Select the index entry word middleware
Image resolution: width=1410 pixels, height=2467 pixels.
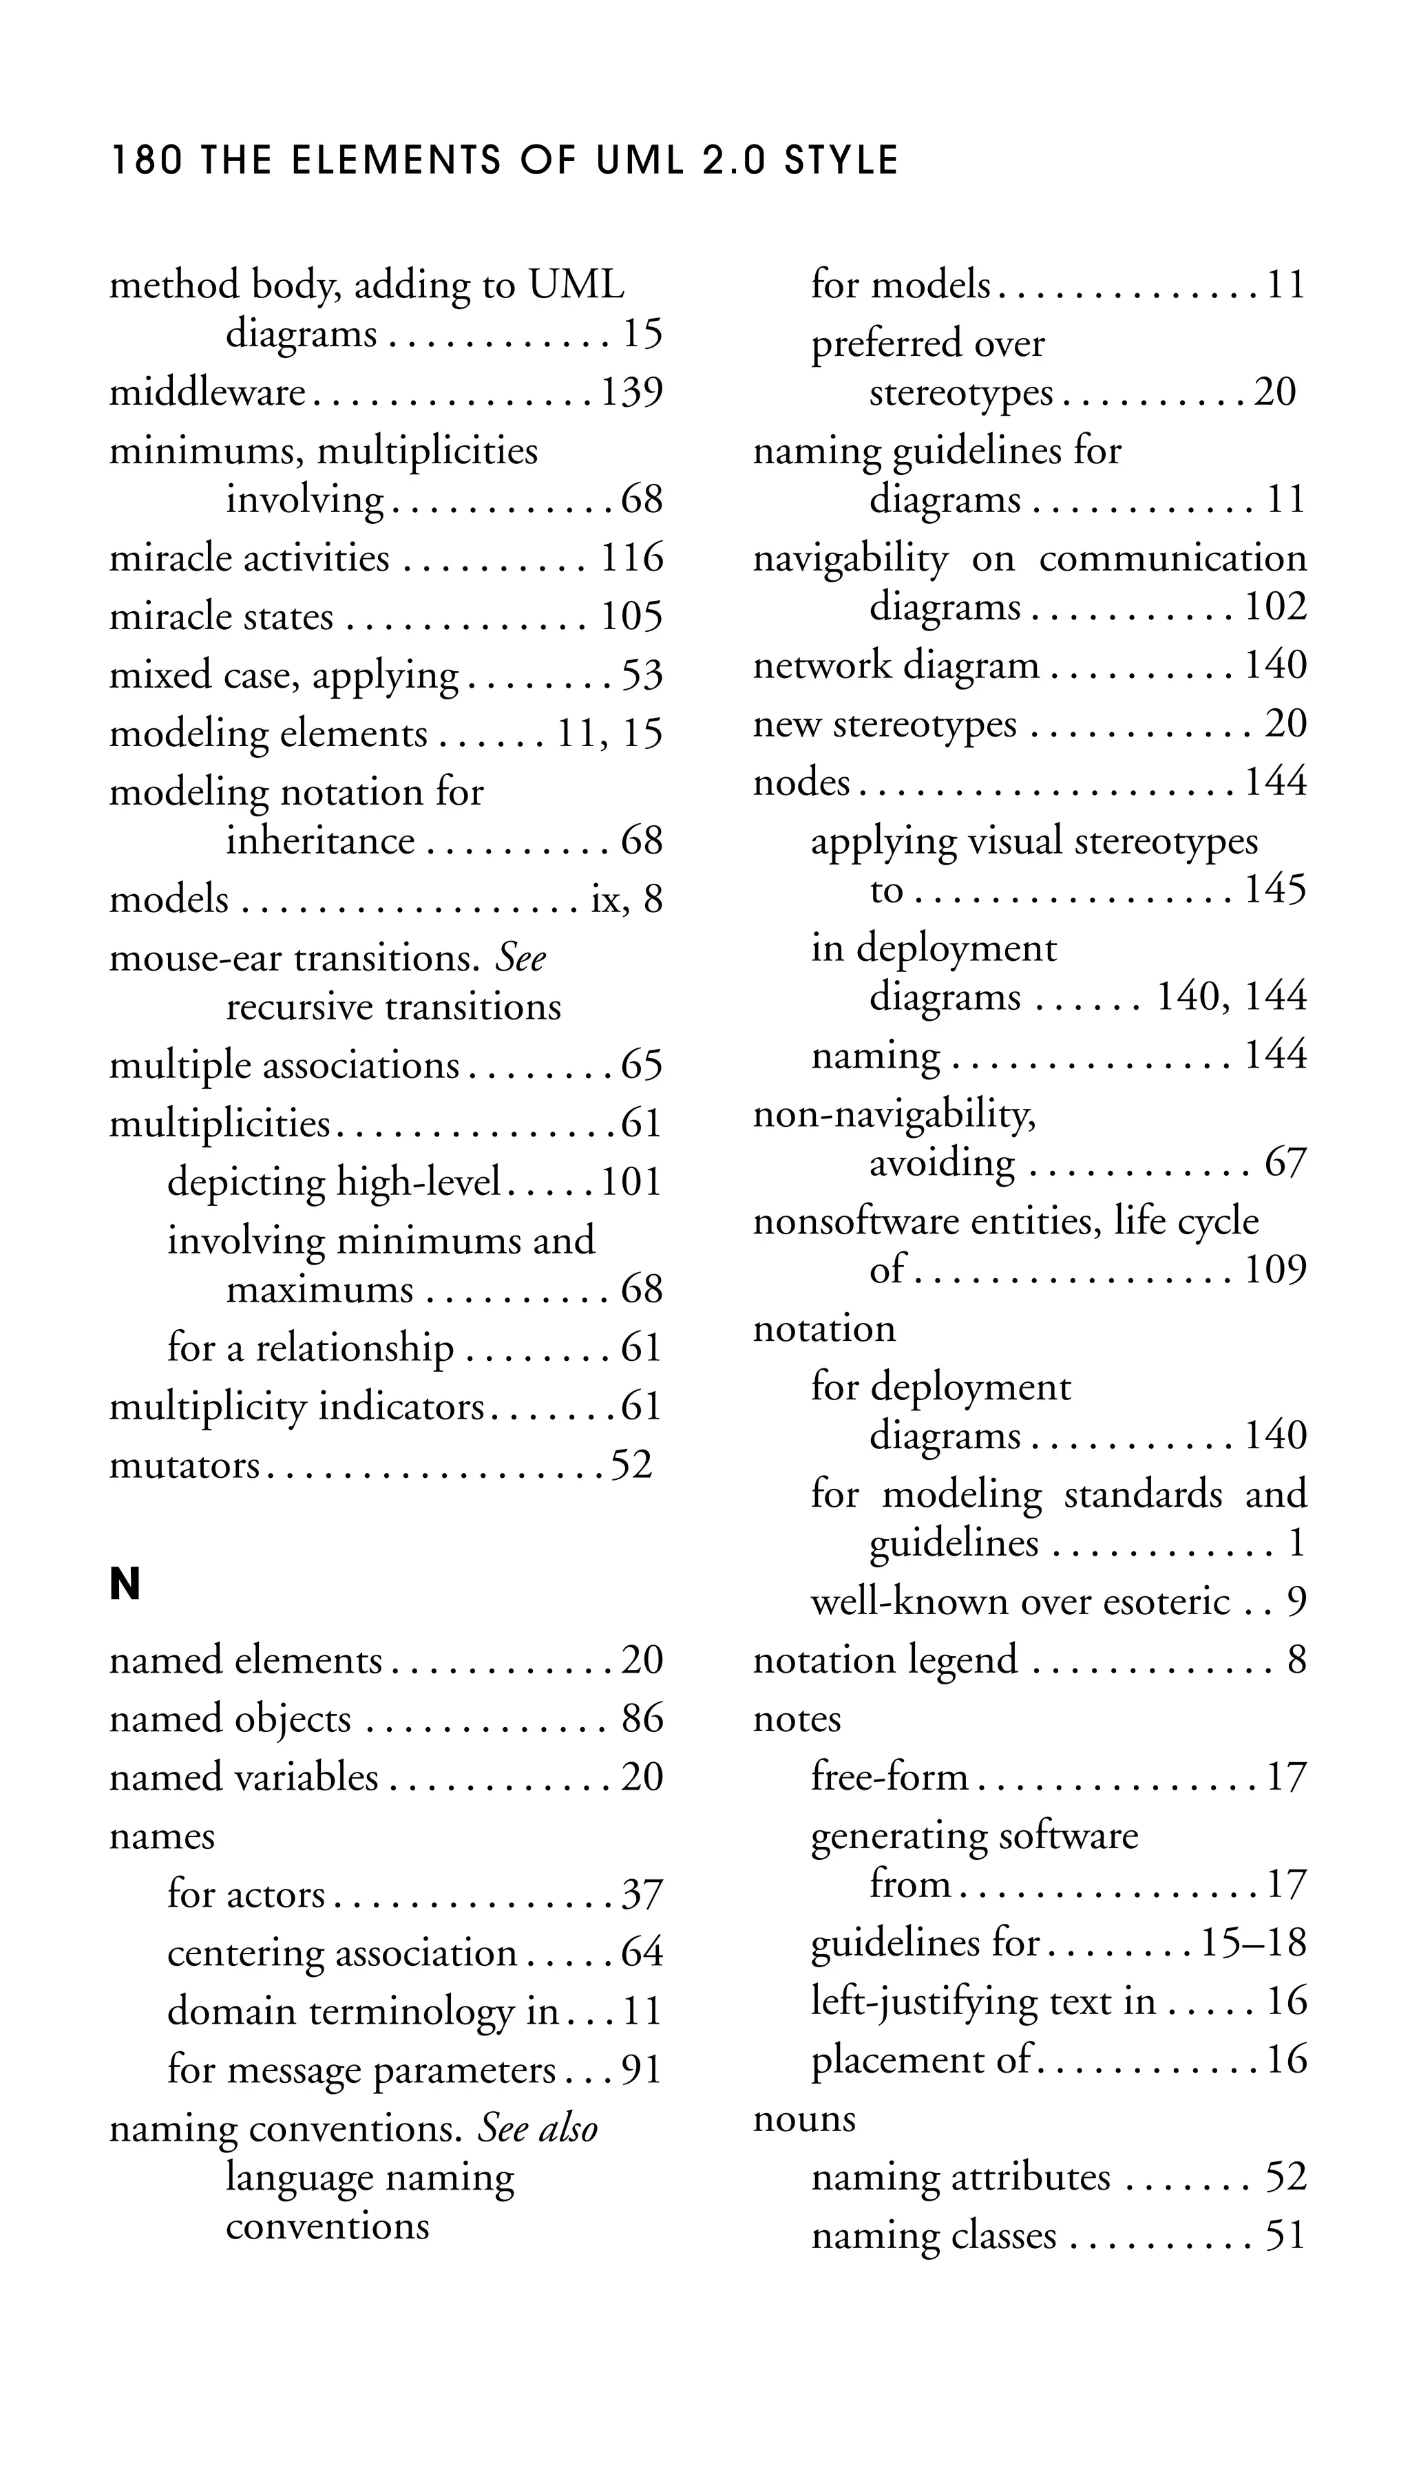coord(207,392)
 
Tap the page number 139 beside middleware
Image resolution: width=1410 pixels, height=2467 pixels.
coord(631,392)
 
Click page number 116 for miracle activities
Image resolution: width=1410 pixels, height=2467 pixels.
coord(631,559)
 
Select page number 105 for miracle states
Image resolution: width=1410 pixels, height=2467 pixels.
coord(631,617)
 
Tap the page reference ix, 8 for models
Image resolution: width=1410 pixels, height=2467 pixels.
coord(627,900)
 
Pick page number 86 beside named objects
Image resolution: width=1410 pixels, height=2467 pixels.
coord(642,1719)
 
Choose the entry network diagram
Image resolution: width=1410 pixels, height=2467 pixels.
coord(896,666)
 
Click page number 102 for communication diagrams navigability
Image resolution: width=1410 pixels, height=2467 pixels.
coord(1275,607)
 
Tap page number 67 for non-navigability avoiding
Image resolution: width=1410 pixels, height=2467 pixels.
coord(1285,1163)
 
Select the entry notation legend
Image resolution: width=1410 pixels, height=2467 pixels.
coord(885,1660)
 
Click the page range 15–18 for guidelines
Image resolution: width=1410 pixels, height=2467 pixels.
coord(1253,1943)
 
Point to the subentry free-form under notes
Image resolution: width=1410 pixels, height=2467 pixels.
coord(889,1777)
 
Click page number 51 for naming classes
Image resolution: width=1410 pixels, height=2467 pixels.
coord(1286,2236)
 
